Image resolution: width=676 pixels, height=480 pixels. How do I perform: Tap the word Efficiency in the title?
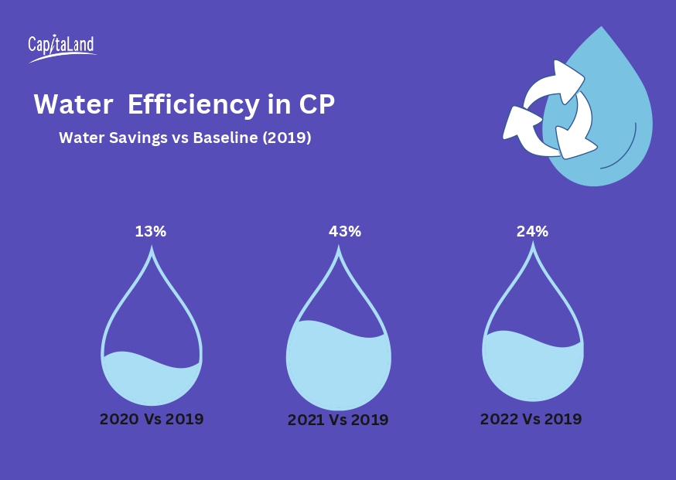pos(193,105)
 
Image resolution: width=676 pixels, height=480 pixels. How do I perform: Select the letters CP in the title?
pos(316,105)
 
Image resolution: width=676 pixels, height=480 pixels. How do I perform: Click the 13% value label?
pos(151,231)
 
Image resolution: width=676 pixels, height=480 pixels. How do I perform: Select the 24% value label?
pos(532,231)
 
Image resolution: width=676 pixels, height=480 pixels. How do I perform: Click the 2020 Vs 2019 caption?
pos(152,420)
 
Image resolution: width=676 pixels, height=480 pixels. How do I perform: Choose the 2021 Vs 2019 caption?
pos(338,420)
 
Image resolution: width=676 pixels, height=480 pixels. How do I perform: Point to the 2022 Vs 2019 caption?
pos(531,420)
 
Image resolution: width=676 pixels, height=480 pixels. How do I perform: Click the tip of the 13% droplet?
pos(152,248)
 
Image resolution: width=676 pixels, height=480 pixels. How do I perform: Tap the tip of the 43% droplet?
pos(339,249)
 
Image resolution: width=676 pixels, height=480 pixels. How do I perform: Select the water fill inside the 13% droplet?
pos(152,383)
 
